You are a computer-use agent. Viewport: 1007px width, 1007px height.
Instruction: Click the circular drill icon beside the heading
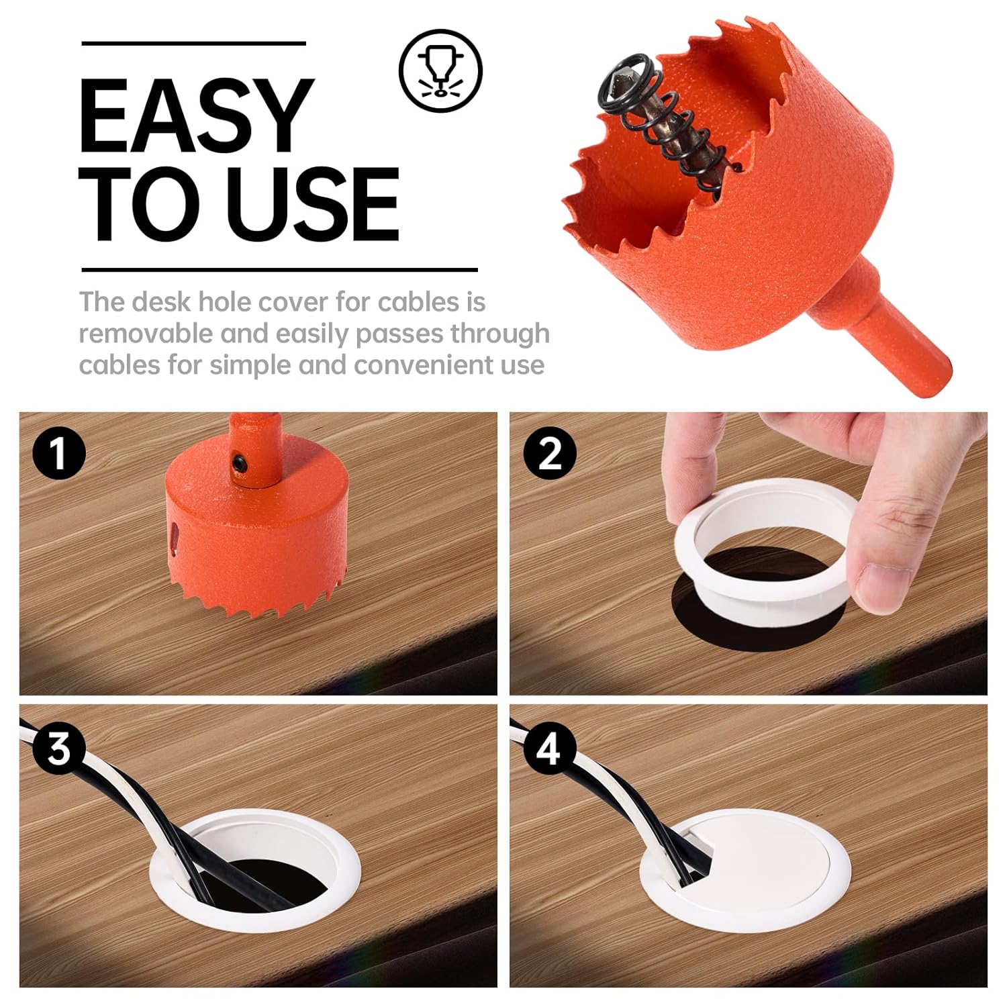pyautogui.click(x=441, y=70)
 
